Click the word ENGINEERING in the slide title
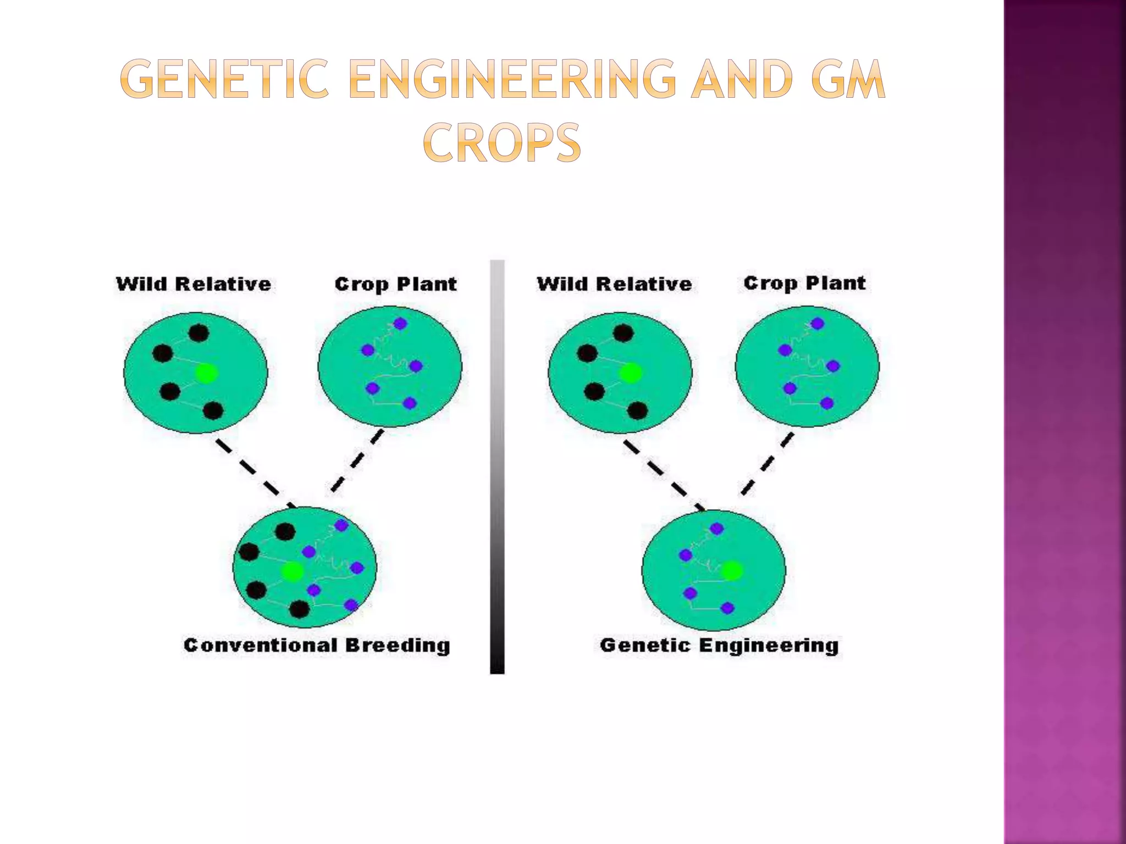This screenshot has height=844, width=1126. [x=512, y=80]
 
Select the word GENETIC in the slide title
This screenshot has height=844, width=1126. [x=224, y=80]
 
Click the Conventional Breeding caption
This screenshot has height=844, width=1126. [x=317, y=645]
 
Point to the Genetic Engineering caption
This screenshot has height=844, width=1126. [x=719, y=645]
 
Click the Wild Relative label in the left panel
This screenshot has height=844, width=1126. [x=194, y=284]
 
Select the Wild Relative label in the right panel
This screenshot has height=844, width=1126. [x=614, y=284]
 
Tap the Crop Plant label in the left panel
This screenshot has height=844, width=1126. [x=395, y=284]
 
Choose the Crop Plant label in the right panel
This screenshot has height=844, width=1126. [x=804, y=283]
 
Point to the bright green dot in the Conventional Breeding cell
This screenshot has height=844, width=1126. [x=292, y=571]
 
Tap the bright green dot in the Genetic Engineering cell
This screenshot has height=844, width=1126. [x=731, y=571]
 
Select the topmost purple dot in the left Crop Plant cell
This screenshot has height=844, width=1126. [x=400, y=324]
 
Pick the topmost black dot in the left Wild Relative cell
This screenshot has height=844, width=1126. [x=198, y=332]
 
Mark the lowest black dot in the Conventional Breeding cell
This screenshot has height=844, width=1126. [x=299, y=609]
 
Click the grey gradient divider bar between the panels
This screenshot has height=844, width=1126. [x=497, y=467]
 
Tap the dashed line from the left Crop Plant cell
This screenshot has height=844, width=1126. [x=357, y=462]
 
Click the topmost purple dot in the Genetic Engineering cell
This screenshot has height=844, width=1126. [x=716, y=529]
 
